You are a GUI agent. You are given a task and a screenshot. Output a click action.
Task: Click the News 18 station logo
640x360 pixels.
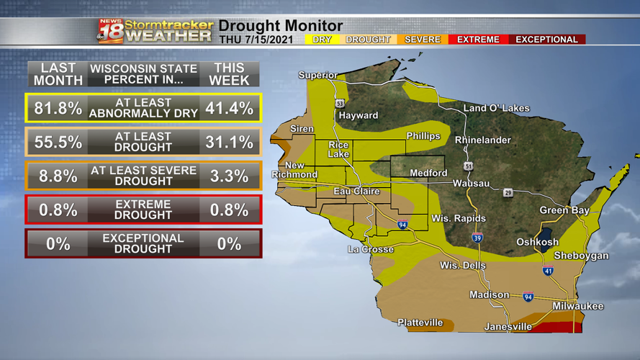[x=110, y=31]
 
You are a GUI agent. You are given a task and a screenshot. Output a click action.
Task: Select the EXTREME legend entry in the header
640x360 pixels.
[x=478, y=40]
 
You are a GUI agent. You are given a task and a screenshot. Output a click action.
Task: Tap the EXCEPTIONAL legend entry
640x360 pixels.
[x=546, y=40]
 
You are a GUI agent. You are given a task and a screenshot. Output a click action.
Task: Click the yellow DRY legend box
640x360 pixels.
[x=322, y=40]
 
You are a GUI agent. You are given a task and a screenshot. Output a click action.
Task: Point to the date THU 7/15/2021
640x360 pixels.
[x=256, y=40]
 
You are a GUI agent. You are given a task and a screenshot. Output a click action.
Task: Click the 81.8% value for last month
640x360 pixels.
[x=58, y=109]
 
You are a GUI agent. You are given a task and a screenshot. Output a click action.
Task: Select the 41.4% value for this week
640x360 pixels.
[x=229, y=109]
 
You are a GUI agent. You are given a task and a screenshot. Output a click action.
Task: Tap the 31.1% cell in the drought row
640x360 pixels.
[x=229, y=143]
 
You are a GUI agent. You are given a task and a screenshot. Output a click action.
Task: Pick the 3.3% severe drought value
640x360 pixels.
[x=229, y=176]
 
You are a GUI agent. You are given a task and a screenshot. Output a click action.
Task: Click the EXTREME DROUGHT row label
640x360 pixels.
[x=143, y=210]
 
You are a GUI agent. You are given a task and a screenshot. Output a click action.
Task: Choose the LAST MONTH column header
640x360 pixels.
[x=58, y=74]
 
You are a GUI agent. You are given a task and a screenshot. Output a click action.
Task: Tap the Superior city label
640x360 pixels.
[x=317, y=75]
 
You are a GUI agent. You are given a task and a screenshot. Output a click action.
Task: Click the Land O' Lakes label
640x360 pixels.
[x=496, y=108]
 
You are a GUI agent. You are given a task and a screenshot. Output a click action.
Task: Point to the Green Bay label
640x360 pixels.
[x=564, y=210]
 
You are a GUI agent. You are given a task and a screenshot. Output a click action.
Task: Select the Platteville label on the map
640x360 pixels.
[x=420, y=323]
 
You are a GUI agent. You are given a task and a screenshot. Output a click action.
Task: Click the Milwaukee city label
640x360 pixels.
[x=577, y=306]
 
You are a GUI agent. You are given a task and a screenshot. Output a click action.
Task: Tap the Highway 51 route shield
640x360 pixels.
[x=469, y=166]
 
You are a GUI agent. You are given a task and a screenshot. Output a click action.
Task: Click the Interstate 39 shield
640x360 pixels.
[x=477, y=238]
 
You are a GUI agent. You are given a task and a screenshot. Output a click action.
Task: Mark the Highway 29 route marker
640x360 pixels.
[x=508, y=193]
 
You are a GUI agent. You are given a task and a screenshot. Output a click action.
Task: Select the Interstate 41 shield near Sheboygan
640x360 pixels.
[x=548, y=271]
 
